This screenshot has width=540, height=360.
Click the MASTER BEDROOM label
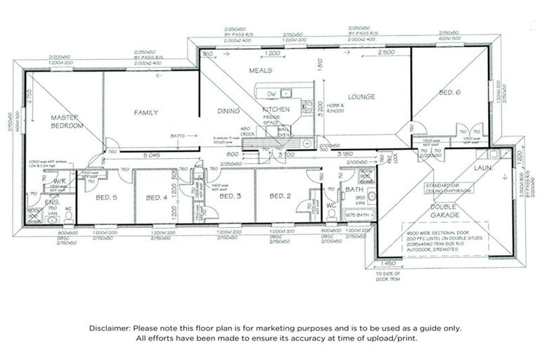click(x=67, y=121)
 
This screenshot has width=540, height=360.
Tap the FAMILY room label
click(x=146, y=112)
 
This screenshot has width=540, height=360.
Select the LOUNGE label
click(x=361, y=97)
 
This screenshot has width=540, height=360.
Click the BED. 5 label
click(x=106, y=198)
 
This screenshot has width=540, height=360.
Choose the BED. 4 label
click(x=156, y=198)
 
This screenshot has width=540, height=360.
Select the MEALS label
click(x=260, y=71)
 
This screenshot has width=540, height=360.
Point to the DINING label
click(x=229, y=110)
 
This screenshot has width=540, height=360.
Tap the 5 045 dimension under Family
click(x=152, y=155)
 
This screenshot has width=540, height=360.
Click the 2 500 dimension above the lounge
click(x=385, y=53)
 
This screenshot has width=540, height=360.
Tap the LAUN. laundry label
click(x=482, y=169)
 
